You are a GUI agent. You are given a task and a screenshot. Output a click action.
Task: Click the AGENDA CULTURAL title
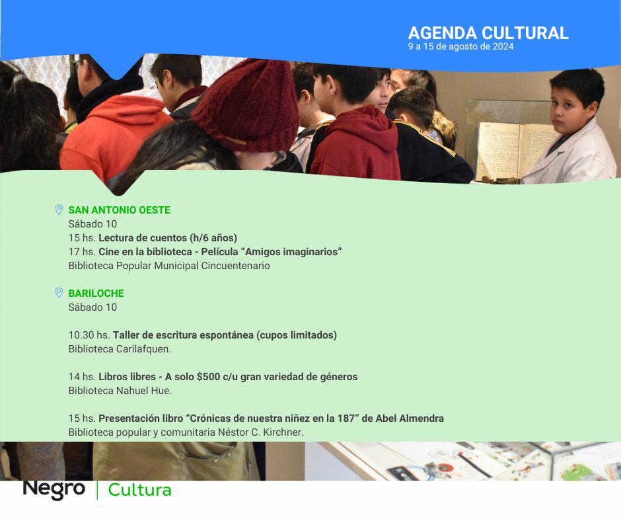click(488, 33)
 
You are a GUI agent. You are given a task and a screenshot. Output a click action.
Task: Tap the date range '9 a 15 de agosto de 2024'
click(460, 46)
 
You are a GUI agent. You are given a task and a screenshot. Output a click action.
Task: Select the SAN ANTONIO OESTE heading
click(119, 210)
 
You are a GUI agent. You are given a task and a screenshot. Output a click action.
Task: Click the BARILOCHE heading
click(96, 293)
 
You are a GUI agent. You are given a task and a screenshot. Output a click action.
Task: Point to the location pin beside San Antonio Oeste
click(59, 210)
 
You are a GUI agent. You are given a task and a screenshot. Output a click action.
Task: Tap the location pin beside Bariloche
click(59, 293)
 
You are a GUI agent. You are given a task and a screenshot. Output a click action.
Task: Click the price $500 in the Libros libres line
click(208, 376)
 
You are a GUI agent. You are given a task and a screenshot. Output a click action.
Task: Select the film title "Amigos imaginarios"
click(293, 251)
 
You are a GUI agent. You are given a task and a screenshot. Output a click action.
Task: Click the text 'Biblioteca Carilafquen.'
click(120, 349)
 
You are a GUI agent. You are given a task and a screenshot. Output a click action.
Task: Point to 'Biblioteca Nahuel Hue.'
click(120, 391)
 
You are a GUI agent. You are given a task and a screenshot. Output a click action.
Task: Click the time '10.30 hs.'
click(89, 335)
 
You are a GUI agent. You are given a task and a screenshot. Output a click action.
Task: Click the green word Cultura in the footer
click(140, 490)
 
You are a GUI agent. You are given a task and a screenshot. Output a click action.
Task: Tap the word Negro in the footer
click(54, 489)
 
